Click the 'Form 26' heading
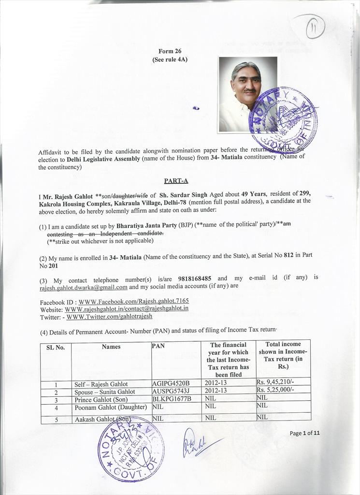(170, 51)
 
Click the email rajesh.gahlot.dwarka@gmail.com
(84, 287)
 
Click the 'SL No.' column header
(56, 347)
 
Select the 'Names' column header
(111, 347)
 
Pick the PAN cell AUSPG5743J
(171, 391)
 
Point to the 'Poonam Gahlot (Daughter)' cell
(111, 408)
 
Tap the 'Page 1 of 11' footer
(304, 433)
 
